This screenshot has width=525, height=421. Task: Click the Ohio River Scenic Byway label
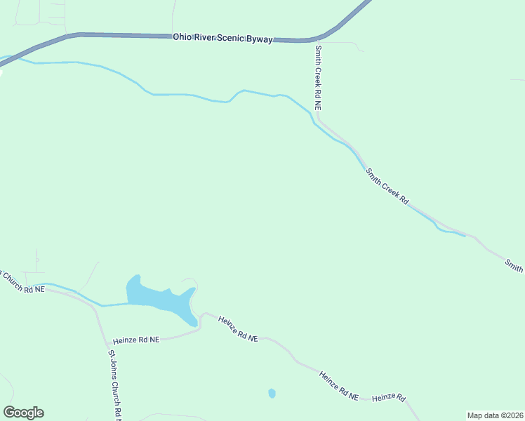(x=222, y=39)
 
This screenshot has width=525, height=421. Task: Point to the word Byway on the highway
(x=258, y=39)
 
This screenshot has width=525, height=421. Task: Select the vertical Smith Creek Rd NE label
(x=318, y=78)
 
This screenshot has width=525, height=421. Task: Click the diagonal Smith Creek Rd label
(x=387, y=186)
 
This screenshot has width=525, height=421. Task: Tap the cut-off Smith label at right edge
(x=514, y=265)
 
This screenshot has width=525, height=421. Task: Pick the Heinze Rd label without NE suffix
(x=389, y=398)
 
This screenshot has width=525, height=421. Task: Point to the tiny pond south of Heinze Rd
(x=272, y=393)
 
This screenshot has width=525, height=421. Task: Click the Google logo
(x=23, y=413)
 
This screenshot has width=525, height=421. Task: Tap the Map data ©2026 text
(x=495, y=415)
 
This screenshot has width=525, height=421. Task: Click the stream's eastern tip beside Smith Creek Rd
(x=464, y=236)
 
